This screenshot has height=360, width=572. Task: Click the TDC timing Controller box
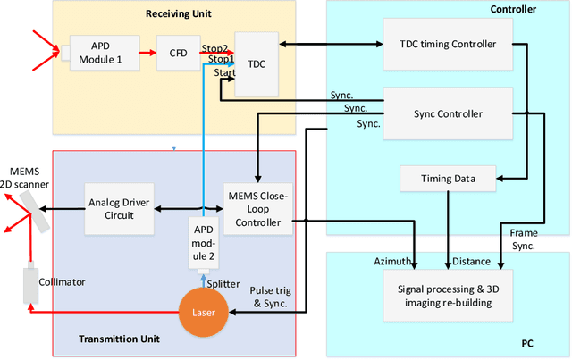click(447, 44)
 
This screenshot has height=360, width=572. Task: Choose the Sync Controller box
click(447, 113)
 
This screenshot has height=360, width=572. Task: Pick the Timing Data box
click(449, 179)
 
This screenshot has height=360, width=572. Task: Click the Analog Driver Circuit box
click(120, 207)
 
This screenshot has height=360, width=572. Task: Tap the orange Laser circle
click(205, 312)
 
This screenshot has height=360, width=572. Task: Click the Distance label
click(472, 262)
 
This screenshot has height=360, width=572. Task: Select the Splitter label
click(223, 283)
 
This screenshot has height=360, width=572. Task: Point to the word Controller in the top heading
click(513, 10)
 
